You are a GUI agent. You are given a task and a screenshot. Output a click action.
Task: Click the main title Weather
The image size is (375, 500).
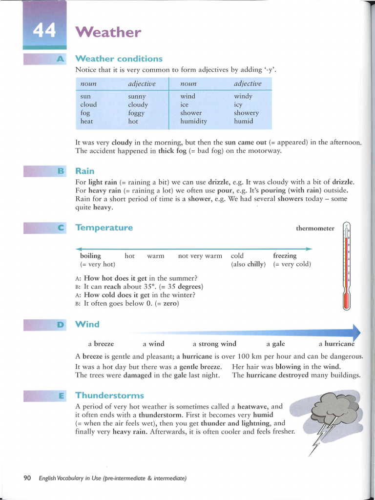pyautogui.click(x=108, y=33)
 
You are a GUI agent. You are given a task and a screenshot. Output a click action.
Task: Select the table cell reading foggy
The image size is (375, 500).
pyautogui.click(x=136, y=113)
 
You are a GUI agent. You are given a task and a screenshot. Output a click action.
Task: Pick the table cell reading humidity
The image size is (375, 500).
pyautogui.click(x=193, y=121)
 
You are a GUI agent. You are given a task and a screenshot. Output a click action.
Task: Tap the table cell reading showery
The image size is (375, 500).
pyautogui.click(x=246, y=113)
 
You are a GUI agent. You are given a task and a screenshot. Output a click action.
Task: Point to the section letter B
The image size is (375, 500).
pyautogui.click(x=61, y=171)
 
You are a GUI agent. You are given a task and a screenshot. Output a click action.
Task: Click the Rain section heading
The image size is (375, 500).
pyautogui.click(x=85, y=171)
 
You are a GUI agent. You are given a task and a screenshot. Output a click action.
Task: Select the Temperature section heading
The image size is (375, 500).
pyautogui.click(x=104, y=228)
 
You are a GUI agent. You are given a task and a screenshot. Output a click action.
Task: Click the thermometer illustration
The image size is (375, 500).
pyautogui.click(x=347, y=266)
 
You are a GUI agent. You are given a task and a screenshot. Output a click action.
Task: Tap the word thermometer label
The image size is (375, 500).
pyautogui.click(x=315, y=229)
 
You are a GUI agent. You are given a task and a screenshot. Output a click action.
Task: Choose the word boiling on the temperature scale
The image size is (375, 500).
pyautogui.click(x=90, y=256)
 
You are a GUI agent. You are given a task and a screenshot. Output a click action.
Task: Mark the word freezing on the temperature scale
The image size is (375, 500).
pyautogui.click(x=285, y=256)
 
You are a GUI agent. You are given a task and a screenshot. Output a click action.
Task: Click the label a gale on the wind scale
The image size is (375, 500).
pyautogui.click(x=275, y=344)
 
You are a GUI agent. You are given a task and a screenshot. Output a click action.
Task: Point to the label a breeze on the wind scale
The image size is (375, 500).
pyautogui.click(x=101, y=344)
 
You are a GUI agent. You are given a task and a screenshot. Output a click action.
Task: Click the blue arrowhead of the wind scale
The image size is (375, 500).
pyautogui.click(x=355, y=332)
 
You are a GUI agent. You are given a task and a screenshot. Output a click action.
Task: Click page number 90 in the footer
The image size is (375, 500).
pyautogui.click(x=27, y=478)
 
